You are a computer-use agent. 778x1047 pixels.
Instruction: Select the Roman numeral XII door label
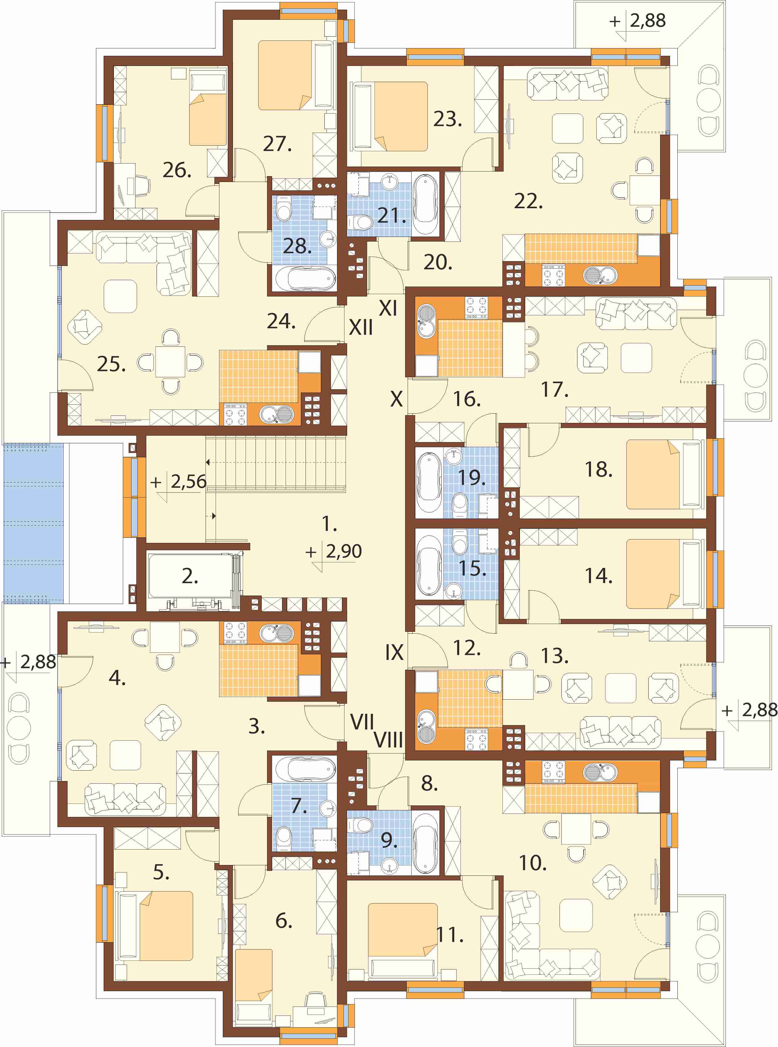pos(361,327)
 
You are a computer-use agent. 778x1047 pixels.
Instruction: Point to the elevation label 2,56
pos(188,481)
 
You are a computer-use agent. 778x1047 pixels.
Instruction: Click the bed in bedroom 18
pos(665,474)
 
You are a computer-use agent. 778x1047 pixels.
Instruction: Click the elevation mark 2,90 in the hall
pos(343,551)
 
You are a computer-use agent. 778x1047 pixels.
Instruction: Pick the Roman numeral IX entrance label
pos(394,652)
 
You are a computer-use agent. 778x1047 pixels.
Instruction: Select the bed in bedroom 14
pos(665,573)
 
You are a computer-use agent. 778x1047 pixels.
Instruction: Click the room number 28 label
pos(297,246)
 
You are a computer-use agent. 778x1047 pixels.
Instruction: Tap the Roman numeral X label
pos(397,399)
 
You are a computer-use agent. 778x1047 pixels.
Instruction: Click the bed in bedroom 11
pos(403,941)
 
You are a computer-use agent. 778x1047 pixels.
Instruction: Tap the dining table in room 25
pos(170,362)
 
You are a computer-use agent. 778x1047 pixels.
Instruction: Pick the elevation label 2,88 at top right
pos(647,21)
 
